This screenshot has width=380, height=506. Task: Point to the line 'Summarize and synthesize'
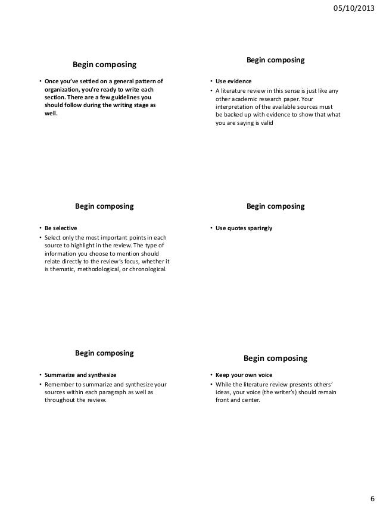pos(80,375)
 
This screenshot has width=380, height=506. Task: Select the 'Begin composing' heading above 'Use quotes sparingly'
pos(275,206)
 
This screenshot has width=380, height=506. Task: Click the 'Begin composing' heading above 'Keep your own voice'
pos(275,358)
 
